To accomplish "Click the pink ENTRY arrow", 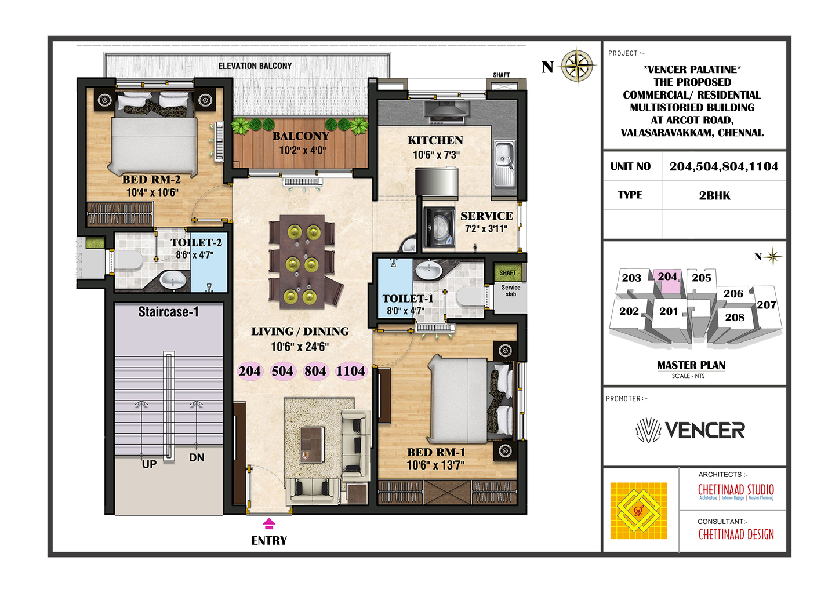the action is (269, 524).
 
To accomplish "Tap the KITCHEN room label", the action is (435, 140).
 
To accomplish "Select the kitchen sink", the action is (504, 163).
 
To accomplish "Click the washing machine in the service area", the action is (439, 227).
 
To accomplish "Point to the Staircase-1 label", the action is (168, 312).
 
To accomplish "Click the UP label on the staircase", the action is (149, 464).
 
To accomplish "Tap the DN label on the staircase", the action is (197, 457).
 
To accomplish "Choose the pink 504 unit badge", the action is (283, 371).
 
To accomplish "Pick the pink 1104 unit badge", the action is (351, 371).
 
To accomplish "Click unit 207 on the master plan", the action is (766, 305).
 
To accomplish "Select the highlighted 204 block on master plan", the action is (667, 280).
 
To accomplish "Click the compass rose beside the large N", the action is (577, 66).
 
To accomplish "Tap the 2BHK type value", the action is (714, 195).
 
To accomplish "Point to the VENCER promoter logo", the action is (690, 430).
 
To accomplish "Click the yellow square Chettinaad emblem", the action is (638, 511).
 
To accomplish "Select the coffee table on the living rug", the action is (312, 445).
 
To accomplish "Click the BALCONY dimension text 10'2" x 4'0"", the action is (303, 151).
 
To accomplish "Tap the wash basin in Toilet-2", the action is (173, 279).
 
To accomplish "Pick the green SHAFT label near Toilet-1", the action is (507, 273).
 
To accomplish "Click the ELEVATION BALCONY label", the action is (255, 66).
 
